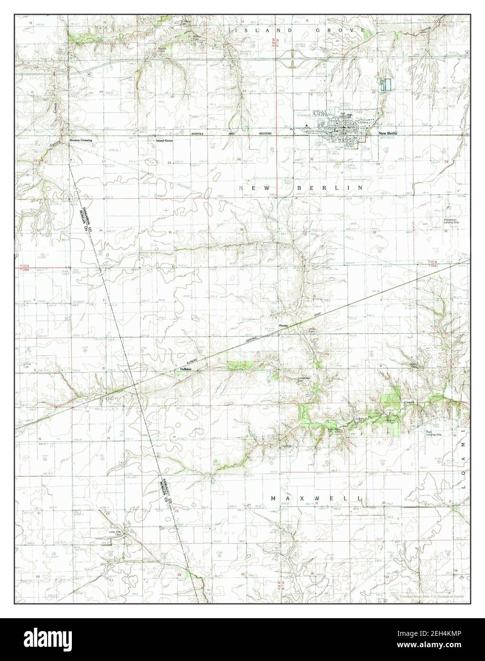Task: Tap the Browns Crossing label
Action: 80,140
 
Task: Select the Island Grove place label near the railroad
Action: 165,140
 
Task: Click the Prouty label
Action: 284,326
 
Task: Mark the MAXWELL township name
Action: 317,498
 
